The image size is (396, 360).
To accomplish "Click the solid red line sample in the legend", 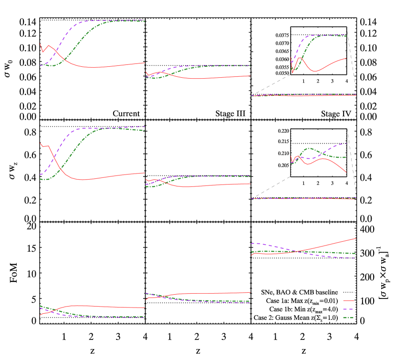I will pyautogui.click(x=349, y=301).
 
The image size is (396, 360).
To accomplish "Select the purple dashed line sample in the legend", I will pyautogui.click(x=349, y=309).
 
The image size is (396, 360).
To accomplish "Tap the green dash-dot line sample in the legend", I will pyautogui.click(x=349, y=318).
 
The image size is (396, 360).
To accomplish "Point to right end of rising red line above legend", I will pyautogui.click(x=356, y=238).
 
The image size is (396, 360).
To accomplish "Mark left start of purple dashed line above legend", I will pyautogui.click(x=251, y=243).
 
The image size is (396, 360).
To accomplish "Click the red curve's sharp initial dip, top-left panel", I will pyautogui.click(x=42, y=52).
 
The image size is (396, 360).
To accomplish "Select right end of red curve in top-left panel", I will pyautogui.click(x=145, y=62).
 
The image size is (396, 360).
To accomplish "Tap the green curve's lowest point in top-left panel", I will pyautogui.click(x=52, y=66).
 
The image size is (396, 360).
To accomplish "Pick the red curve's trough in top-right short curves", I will pyautogui.click(x=314, y=72).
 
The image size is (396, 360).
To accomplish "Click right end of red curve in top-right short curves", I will pyautogui.click(x=346, y=58).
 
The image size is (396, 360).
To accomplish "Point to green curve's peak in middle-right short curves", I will pyautogui.click(x=309, y=148).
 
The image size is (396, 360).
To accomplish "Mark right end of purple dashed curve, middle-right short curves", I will pyautogui.click(x=346, y=143).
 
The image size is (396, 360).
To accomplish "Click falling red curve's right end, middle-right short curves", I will pyautogui.click(x=346, y=172).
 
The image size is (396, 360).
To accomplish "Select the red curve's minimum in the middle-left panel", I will pyautogui.click(x=83, y=180).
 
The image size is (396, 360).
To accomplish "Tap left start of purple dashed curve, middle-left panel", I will pyautogui.click(x=40, y=175).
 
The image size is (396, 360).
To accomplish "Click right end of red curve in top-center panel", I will pyautogui.click(x=250, y=76).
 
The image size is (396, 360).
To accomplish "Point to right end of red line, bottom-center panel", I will pyautogui.click(x=250, y=292).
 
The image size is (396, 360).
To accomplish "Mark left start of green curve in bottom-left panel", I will pyautogui.click(x=40, y=306).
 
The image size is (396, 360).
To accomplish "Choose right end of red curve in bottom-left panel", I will pyautogui.click(x=145, y=308).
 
